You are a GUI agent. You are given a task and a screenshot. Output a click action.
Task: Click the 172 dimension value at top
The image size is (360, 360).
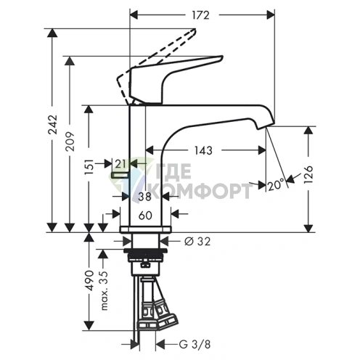click(200, 15)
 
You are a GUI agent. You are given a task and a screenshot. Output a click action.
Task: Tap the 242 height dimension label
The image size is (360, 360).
click(53, 125)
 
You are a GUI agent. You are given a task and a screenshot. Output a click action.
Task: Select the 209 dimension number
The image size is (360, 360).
click(71, 142)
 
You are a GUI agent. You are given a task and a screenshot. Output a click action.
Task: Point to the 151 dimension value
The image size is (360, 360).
click(89, 167)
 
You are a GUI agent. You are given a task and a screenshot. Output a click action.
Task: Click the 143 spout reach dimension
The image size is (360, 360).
click(203, 150)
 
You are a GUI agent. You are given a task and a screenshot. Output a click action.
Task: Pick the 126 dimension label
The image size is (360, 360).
click(308, 175)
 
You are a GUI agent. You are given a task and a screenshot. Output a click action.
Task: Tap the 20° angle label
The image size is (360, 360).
click(276, 185)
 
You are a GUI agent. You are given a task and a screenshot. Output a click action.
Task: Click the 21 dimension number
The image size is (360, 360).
click(120, 164)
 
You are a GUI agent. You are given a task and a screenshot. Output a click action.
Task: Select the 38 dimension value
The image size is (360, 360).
click(144, 196)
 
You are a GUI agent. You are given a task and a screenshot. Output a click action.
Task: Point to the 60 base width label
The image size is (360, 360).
click(145, 215)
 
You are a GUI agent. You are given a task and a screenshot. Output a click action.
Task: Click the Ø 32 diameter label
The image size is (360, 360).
click(197, 241)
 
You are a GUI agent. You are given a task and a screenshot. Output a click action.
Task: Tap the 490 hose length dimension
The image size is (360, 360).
click(89, 280)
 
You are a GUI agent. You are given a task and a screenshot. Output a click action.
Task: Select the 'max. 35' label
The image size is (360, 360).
click(104, 290)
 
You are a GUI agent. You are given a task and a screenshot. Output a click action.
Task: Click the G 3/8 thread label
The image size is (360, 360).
click(195, 344)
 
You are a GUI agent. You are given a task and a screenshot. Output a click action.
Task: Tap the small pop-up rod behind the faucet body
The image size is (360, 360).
click(120, 175)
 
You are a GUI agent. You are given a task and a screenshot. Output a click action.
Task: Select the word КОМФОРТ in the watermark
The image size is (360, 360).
click(202, 191)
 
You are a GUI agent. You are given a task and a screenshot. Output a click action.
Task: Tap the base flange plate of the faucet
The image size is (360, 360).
click(145, 229)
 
